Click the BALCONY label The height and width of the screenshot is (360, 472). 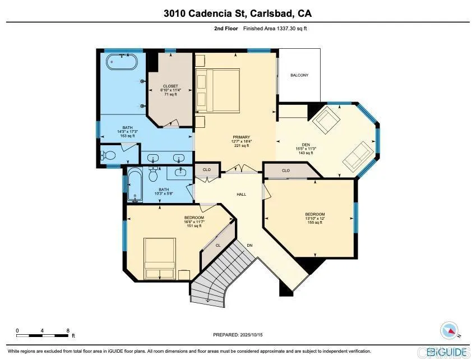[x=299, y=75]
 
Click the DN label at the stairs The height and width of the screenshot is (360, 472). [x=249, y=245]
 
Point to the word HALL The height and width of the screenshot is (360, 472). [x=241, y=195]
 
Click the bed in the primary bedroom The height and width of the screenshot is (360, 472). [x=218, y=89]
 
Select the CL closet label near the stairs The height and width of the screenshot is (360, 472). [x=218, y=244]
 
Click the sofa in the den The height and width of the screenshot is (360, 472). [x=357, y=155]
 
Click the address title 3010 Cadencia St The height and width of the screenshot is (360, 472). [x=235, y=12]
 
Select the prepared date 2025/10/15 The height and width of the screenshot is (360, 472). [x=238, y=335]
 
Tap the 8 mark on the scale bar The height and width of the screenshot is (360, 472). [x=68, y=330]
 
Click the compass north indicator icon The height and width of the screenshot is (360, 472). [x=450, y=330]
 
